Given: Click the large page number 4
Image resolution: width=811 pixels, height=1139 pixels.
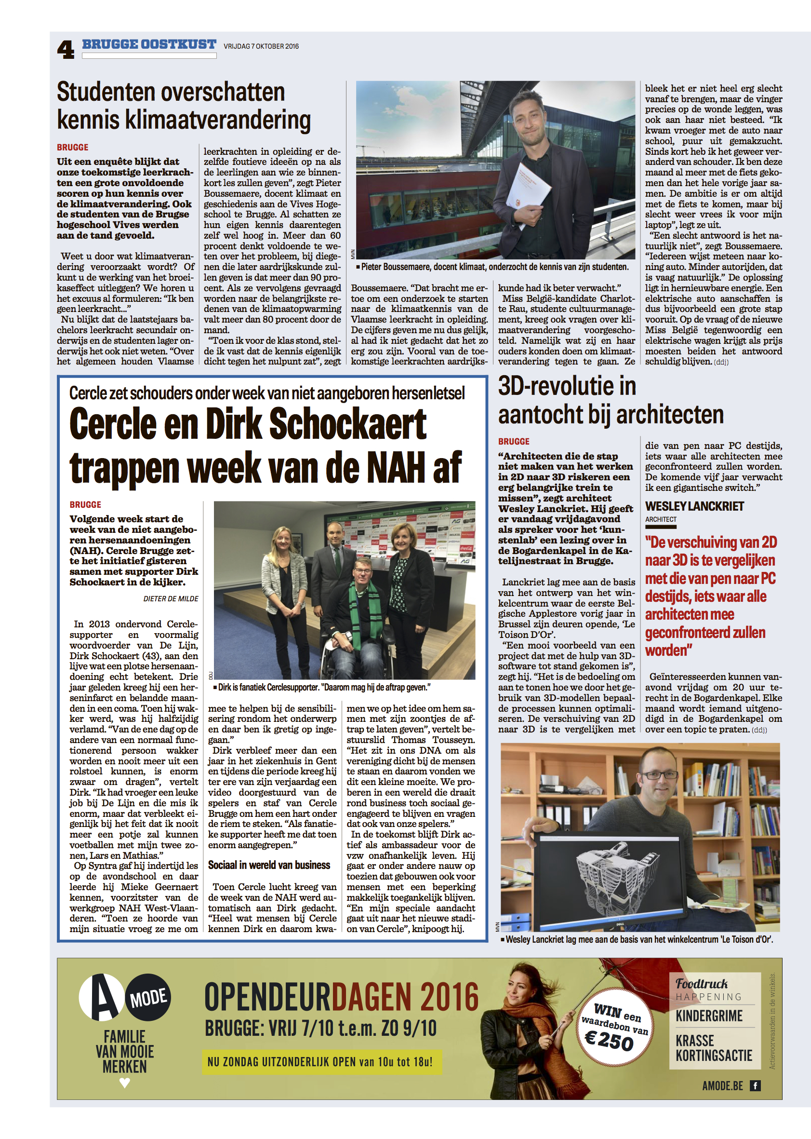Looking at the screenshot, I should pyautogui.click(x=66, y=50).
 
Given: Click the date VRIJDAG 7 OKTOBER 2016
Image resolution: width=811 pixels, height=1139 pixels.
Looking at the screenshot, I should pyautogui.click(x=261, y=46).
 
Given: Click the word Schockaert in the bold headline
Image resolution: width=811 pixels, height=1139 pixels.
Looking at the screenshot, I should pyautogui.click(x=347, y=424).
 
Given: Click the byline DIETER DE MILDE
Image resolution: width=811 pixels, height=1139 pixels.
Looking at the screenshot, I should pyautogui.click(x=171, y=599).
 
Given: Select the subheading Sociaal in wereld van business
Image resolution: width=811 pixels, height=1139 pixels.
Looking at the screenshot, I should pyautogui.click(x=269, y=865).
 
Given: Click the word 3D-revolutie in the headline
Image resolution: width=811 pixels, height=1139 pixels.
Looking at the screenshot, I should pyautogui.click(x=567, y=386).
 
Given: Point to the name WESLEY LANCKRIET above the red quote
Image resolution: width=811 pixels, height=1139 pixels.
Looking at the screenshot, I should pyautogui.click(x=694, y=506).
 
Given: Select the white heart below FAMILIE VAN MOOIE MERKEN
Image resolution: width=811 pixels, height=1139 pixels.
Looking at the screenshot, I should pyautogui.click(x=125, y=1083).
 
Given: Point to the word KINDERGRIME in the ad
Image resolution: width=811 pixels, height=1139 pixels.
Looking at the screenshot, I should pyautogui.click(x=709, y=1016).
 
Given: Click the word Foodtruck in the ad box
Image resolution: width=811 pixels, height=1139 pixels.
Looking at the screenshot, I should pyautogui.click(x=702, y=984).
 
